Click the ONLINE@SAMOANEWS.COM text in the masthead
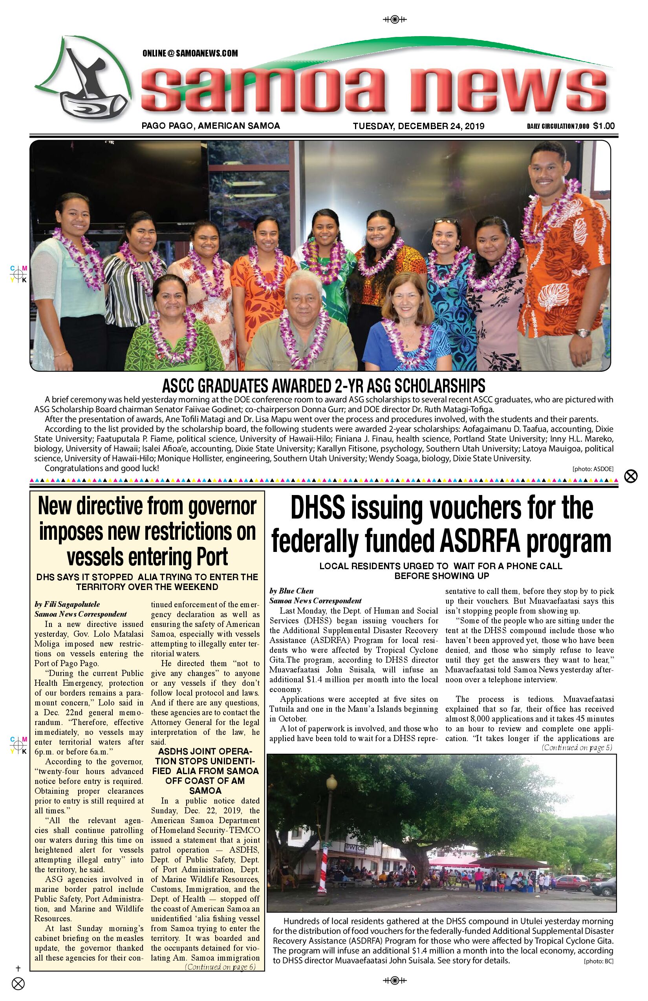pyautogui.click(x=190, y=53)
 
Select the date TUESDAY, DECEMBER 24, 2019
pyautogui.click(x=418, y=126)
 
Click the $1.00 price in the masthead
pyautogui.click(x=604, y=125)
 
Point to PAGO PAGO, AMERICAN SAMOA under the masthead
pyautogui.click(x=211, y=125)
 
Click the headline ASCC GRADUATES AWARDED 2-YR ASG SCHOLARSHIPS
pyautogui.click(x=324, y=385)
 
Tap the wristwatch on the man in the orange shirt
pyautogui.click(x=583, y=333)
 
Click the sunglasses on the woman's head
pyautogui.click(x=446, y=220)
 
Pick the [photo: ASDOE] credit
pyautogui.click(x=593, y=469)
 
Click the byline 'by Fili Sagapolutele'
pyautogui.click(x=67, y=604)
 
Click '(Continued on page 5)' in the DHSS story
pyautogui.click(x=577, y=747)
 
